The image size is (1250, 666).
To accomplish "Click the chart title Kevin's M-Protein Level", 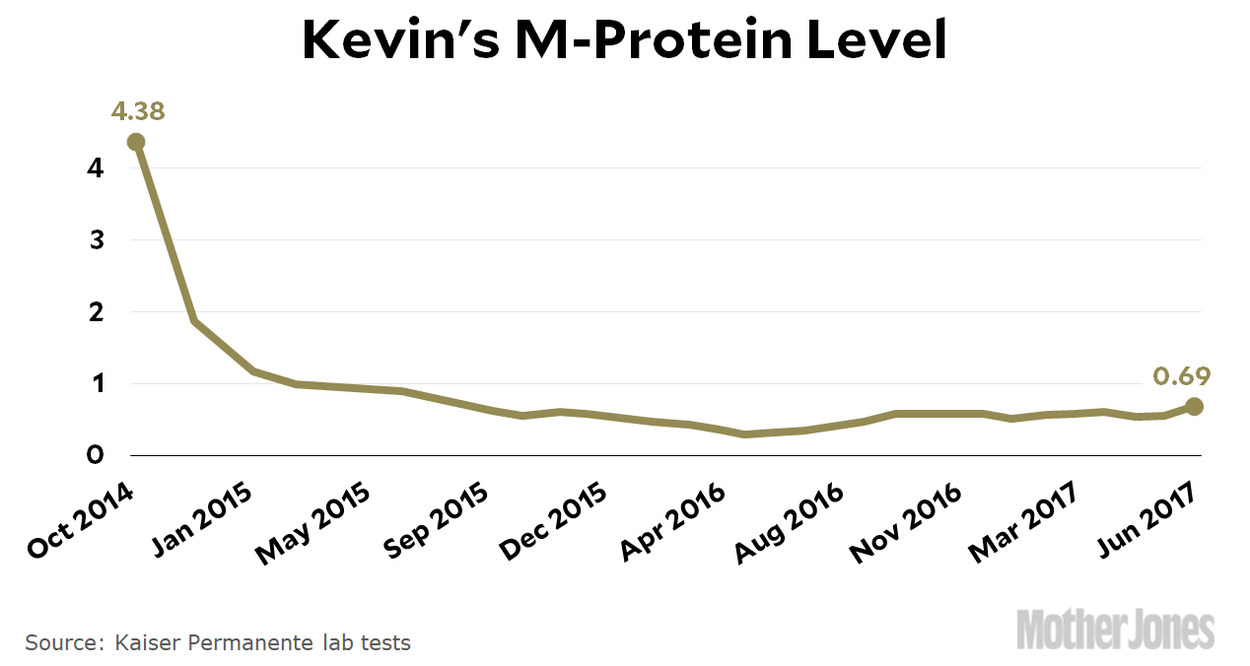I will coord(624,41).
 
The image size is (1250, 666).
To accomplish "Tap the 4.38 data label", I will coord(138,110).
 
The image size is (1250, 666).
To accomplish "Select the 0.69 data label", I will coord(1181,375).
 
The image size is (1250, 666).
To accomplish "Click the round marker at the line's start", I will coord(136,142).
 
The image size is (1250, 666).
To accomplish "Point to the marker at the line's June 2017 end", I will coord(1194,406).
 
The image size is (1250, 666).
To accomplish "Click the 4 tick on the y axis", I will coord(96,168).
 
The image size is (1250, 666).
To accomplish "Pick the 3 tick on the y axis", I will coord(96,240).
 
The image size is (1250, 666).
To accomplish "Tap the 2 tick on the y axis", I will coord(96,312).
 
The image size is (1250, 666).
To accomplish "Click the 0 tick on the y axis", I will coord(96,456).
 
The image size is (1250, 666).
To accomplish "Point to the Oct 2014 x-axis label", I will coord(81,521).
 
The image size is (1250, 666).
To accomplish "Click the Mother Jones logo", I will coord(1115,631).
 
